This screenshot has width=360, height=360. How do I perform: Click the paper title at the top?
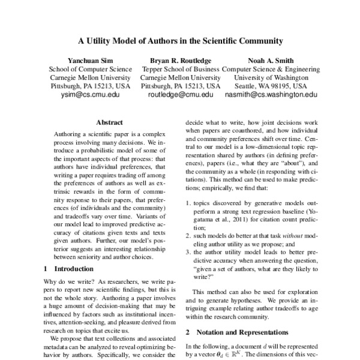180,42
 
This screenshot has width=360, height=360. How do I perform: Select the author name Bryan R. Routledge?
181,61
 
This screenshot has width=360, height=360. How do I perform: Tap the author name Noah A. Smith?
268,61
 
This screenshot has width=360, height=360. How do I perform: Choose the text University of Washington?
268,78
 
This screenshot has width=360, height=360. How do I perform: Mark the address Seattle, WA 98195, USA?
268,86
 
